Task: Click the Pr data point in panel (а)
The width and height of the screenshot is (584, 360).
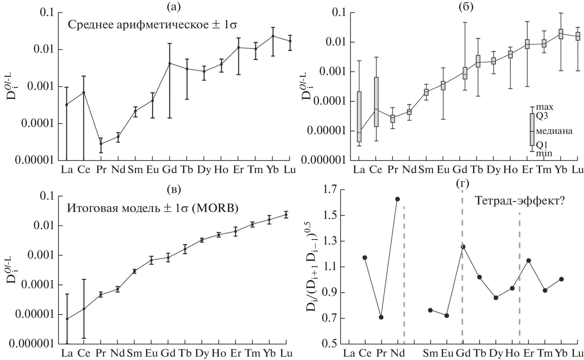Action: [101, 144]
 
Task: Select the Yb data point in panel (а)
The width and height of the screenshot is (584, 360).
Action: [273, 36]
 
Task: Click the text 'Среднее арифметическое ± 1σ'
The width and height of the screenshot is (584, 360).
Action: [152, 24]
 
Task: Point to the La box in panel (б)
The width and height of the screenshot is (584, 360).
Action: [359, 117]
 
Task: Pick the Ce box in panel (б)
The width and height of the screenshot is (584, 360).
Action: [376, 102]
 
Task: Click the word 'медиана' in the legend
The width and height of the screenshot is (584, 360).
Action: [554, 131]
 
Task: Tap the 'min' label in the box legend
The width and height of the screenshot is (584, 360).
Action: [544, 153]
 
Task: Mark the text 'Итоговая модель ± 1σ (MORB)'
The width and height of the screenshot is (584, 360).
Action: [153, 208]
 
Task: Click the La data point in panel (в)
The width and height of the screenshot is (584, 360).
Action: [67, 319]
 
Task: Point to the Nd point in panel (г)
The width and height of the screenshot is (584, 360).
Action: [397, 199]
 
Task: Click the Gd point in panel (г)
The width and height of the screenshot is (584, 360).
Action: [463, 247]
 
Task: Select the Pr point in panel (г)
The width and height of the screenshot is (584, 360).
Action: [381, 317]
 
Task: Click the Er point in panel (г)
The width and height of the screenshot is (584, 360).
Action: [528, 261]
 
